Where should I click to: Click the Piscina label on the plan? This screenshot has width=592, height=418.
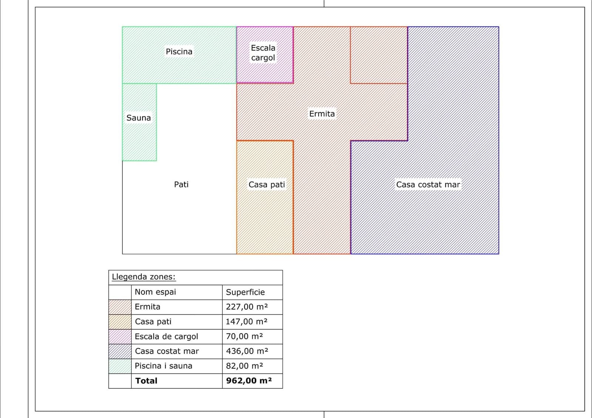179,51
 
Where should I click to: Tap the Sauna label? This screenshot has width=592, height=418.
138,118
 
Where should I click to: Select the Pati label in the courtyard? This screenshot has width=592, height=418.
181,185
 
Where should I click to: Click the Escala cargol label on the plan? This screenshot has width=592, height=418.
263,53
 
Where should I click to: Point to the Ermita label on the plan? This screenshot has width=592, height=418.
322,114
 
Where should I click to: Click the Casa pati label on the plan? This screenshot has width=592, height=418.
267,185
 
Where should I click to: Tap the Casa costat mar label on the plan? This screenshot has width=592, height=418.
428,185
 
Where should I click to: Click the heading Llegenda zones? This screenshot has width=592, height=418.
144,277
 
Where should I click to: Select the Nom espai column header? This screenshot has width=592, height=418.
155,292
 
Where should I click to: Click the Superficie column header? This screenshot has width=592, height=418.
245,292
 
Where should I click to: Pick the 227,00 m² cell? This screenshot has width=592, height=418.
247,307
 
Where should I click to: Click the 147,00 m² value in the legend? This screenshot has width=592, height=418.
246,321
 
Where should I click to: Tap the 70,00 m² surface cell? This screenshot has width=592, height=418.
244,336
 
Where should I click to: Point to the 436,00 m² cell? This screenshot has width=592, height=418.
247,351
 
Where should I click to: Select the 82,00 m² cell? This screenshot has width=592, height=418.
244,366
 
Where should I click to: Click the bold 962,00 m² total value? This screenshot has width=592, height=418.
249,381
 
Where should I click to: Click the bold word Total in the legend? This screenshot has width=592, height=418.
146,381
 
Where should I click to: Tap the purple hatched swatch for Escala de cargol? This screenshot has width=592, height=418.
120,337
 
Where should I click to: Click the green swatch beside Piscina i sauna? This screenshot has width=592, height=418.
120,366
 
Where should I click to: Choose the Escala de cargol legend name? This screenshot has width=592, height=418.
166,337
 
